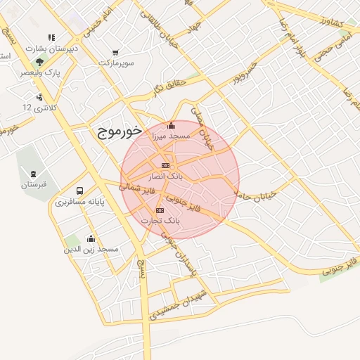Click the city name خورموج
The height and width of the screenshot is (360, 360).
(x=117, y=131)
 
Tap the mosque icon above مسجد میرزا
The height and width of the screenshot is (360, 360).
(x=171, y=126)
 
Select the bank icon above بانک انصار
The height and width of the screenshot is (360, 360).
(x=165, y=165)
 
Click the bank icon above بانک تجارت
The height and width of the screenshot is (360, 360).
(x=160, y=210)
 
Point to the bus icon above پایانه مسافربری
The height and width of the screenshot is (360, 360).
(x=79, y=191)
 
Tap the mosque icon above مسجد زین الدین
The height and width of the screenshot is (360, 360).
(x=90, y=239)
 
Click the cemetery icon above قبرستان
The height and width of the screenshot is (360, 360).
(x=33, y=174)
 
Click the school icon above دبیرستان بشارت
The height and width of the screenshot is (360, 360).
(x=51, y=38)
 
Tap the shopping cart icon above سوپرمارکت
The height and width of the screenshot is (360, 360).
(x=115, y=53)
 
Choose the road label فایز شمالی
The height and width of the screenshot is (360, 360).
(x=134, y=188)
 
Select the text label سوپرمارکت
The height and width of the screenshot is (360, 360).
(x=115, y=63)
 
